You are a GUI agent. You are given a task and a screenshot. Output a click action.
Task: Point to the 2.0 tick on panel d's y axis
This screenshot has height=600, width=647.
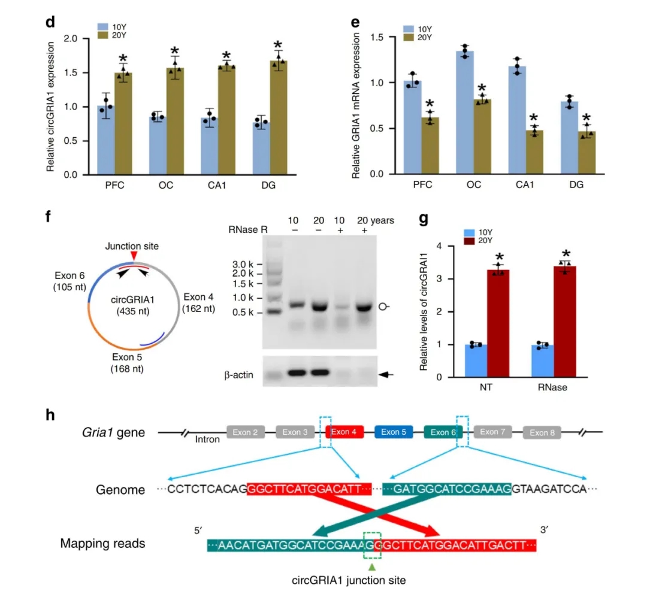point(88,38)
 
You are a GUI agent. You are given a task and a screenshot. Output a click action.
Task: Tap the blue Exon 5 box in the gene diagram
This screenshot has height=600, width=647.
point(394,432)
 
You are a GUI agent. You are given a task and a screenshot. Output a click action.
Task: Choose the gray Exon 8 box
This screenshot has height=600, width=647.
point(542,432)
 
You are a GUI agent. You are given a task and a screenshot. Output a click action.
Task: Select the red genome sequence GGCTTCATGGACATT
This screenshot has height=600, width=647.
point(309,489)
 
